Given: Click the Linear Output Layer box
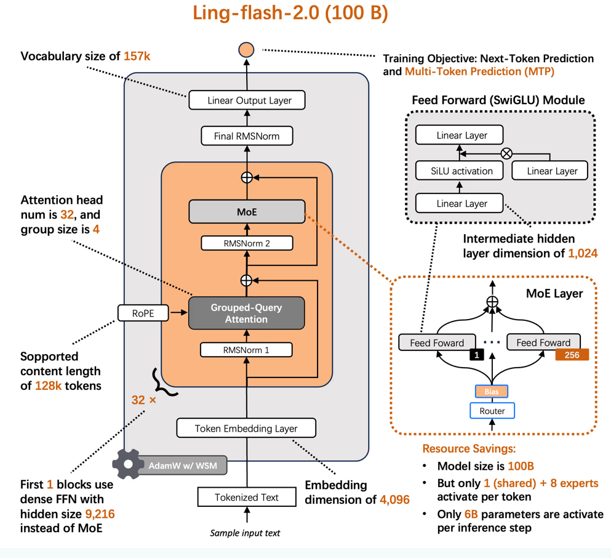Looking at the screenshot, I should point(246,100).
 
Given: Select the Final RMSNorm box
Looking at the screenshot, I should point(246,135).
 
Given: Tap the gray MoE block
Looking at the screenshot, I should point(246,212).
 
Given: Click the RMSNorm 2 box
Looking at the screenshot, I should point(246,243).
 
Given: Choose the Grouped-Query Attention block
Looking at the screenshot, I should point(246,313).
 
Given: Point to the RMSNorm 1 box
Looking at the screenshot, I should point(246,350).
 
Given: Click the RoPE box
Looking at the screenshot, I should point(143,313).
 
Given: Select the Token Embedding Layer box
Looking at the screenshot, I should point(246,428).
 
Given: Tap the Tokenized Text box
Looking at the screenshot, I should point(246,497).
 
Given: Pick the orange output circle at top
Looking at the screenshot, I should point(246,49).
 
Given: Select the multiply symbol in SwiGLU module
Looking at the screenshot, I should point(506,153).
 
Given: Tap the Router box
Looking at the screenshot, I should point(492,411).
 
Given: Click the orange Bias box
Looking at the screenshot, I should point(492,391).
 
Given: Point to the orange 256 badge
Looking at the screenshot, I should point(572,355).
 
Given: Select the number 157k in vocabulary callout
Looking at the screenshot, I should point(137,57).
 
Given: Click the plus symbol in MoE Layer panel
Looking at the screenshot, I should point(492,302).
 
